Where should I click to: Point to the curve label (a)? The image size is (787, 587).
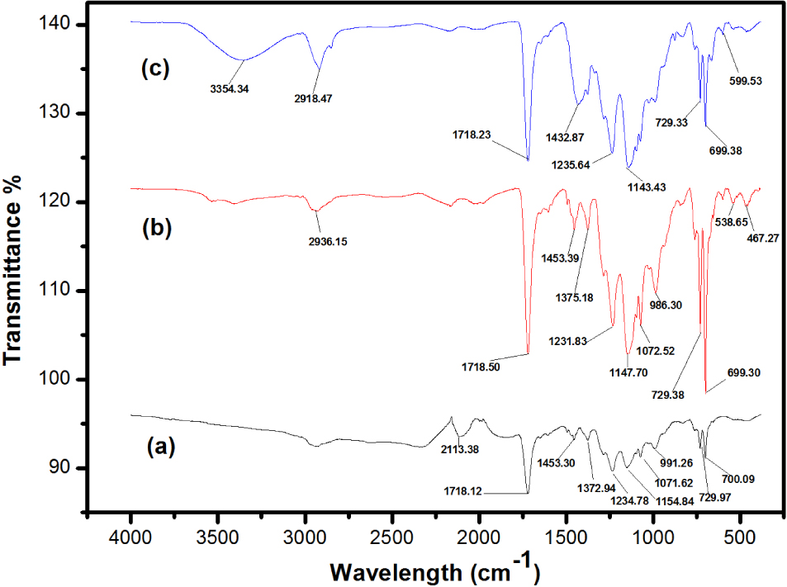click(x=160, y=447)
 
